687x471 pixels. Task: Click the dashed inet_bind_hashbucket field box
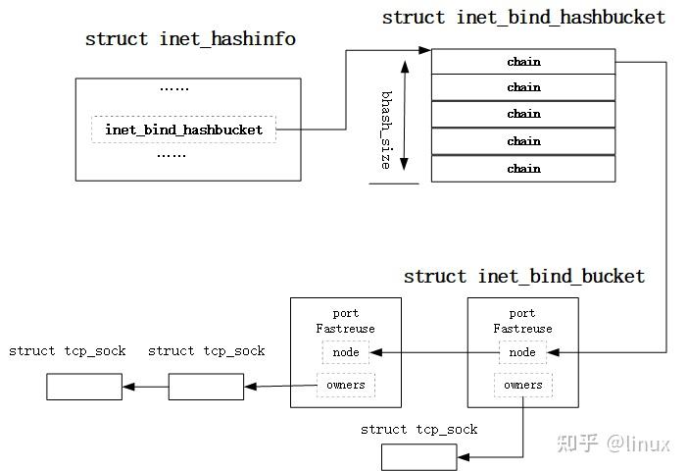click(x=184, y=130)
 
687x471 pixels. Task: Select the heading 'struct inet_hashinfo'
click(x=190, y=39)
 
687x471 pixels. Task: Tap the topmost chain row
click(x=523, y=62)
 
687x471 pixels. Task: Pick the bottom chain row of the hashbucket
click(x=523, y=169)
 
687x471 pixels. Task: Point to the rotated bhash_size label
click(x=385, y=130)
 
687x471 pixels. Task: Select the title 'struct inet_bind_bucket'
click(x=524, y=277)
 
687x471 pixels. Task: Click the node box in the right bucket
click(x=522, y=352)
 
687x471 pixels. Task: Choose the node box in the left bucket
click(x=345, y=352)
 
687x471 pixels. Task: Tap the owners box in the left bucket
click(x=345, y=385)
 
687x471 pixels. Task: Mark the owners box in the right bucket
click(x=522, y=385)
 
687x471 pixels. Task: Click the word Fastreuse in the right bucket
click(x=522, y=329)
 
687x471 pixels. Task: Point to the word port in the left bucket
click(x=345, y=314)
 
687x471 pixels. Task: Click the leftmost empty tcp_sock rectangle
click(x=83, y=387)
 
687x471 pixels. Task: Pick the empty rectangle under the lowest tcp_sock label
click(x=418, y=457)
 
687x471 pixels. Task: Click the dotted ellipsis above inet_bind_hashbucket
click(x=173, y=87)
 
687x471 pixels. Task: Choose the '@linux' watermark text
click(x=637, y=444)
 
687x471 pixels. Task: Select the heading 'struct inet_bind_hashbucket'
click(x=523, y=18)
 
